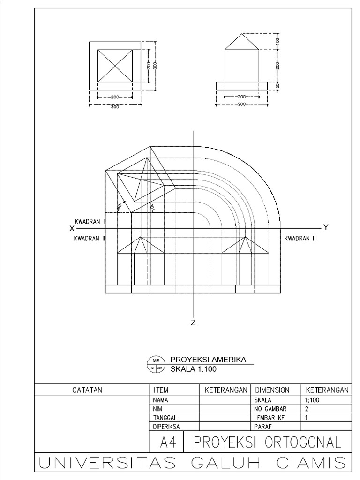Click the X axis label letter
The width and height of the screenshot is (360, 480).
(x=72, y=228)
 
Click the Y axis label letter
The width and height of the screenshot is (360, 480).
(x=326, y=227)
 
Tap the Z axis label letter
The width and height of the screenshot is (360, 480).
(x=193, y=322)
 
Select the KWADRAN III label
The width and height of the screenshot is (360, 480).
(x=301, y=238)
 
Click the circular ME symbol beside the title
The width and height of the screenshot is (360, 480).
(x=155, y=364)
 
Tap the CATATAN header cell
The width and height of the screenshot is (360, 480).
(x=87, y=390)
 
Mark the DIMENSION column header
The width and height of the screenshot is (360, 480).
(x=272, y=390)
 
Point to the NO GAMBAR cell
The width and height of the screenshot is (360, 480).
(x=270, y=409)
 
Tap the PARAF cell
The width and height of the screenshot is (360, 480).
(x=262, y=427)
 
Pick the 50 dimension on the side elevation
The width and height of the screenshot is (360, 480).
(x=277, y=86)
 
